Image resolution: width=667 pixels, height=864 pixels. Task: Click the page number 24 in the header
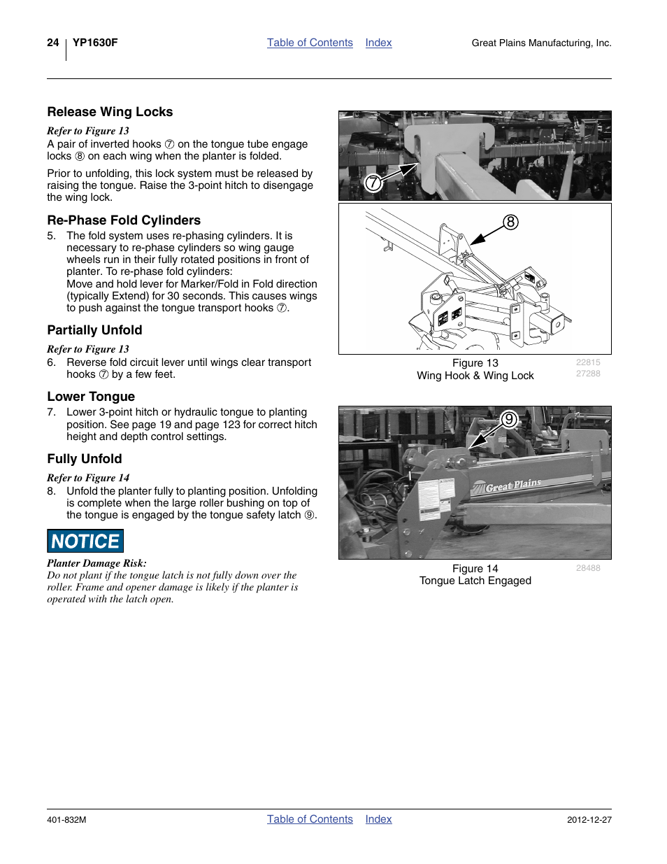[x=52, y=43]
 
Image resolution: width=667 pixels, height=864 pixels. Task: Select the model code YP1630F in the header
[x=95, y=43]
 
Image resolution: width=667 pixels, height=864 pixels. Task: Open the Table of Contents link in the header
[x=310, y=43]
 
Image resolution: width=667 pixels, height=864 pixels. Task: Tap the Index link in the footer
[x=378, y=819]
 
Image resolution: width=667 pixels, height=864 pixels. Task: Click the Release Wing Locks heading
[x=110, y=112]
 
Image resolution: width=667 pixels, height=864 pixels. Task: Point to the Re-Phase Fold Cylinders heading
[x=124, y=220]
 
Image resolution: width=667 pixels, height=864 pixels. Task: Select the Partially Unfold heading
[x=94, y=330]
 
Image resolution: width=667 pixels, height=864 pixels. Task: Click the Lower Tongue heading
[x=91, y=397]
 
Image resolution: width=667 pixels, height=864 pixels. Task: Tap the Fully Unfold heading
[x=85, y=459]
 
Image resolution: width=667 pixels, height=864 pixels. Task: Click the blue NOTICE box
[x=85, y=541]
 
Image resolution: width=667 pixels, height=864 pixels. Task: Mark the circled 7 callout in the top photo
[x=373, y=183]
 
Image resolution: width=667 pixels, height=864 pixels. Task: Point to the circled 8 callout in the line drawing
[x=511, y=222]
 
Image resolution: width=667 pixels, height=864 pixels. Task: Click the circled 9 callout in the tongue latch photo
[x=509, y=420]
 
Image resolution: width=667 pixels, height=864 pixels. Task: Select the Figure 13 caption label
[x=475, y=363]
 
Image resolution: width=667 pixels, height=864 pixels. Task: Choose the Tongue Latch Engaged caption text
[x=475, y=581]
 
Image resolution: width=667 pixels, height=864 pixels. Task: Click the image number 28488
[x=588, y=568]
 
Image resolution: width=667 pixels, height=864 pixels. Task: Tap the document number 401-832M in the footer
[x=66, y=820]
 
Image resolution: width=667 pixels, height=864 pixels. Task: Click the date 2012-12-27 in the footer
[x=589, y=820]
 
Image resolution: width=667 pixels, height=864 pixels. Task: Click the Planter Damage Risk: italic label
[x=96, y=563]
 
